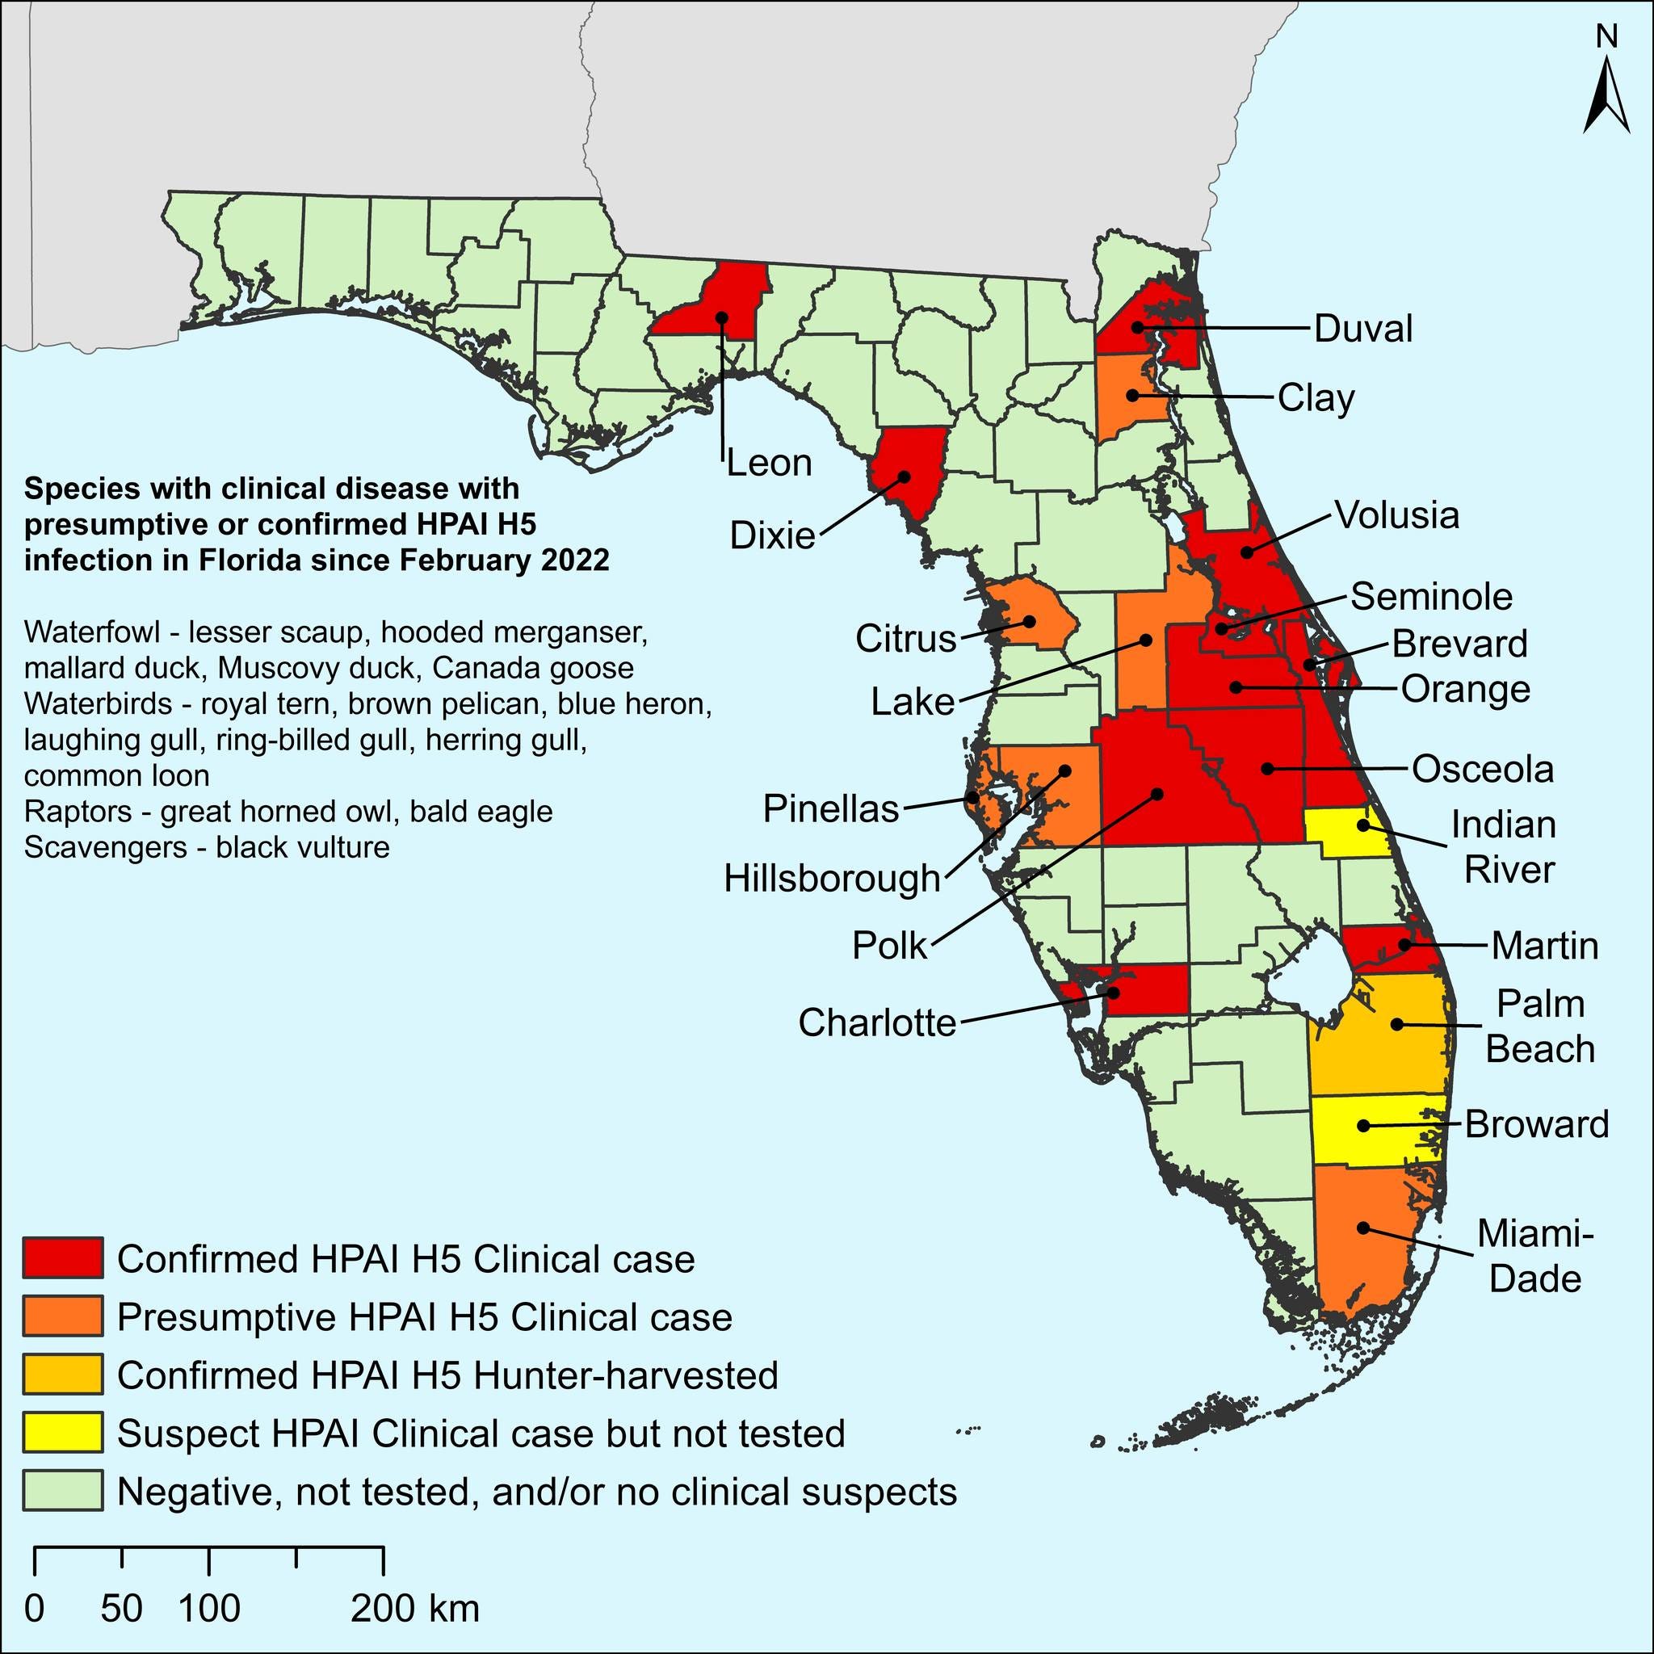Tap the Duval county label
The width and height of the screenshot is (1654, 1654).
pyautogui.click(x=1363, y=329)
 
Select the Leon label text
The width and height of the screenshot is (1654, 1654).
pyautogui.click(x=769, y=463)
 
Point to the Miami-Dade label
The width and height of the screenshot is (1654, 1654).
pyautogui.click(x=1536, y=1256)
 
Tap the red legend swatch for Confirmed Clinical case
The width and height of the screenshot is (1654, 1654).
pyautogui.click(x=63, y=1257)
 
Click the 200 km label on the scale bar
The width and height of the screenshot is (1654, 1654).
pyautogui.click(x=415, y=1608)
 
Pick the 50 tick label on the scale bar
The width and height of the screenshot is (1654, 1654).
pyautogui.click(x=122, y=1608)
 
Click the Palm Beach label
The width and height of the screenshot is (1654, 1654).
pyautogui.click(x=1540, y=1026)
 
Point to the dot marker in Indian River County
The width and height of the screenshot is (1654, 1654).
pyautogui.click(x=1363, y=826)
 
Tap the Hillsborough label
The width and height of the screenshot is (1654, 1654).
pyautogui.click(x=831, y=879)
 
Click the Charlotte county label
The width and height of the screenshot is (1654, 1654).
pyautogui.click(x=876, y=1022)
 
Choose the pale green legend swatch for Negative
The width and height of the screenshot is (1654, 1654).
pyautogui.click(x=63, y=1492)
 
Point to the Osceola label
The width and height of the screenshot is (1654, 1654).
pyautogui.click(x=1482, y=769)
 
